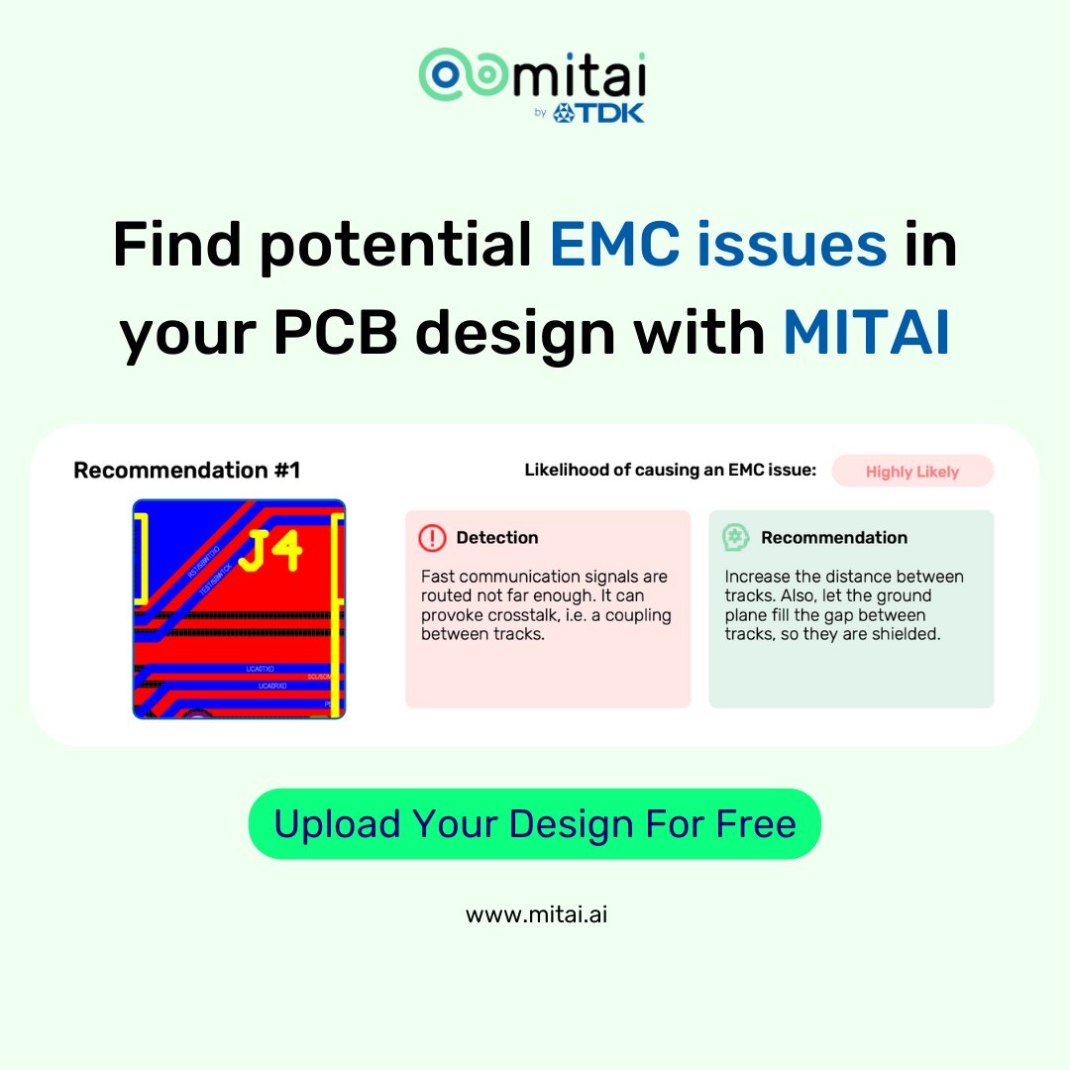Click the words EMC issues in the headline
(x=718, y=244)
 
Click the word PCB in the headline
(x=338, y=333)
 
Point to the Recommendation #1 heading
(x=186, y=470)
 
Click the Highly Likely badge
(x=911, y=472)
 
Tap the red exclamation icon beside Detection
(x=432, y=538)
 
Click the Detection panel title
(x=497, y=538)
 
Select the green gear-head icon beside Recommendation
(x=735, y=538)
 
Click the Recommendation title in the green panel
(x=833, y=538)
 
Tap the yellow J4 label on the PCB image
(x=270, y=552)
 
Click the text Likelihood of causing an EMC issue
(x=670, y=470)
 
